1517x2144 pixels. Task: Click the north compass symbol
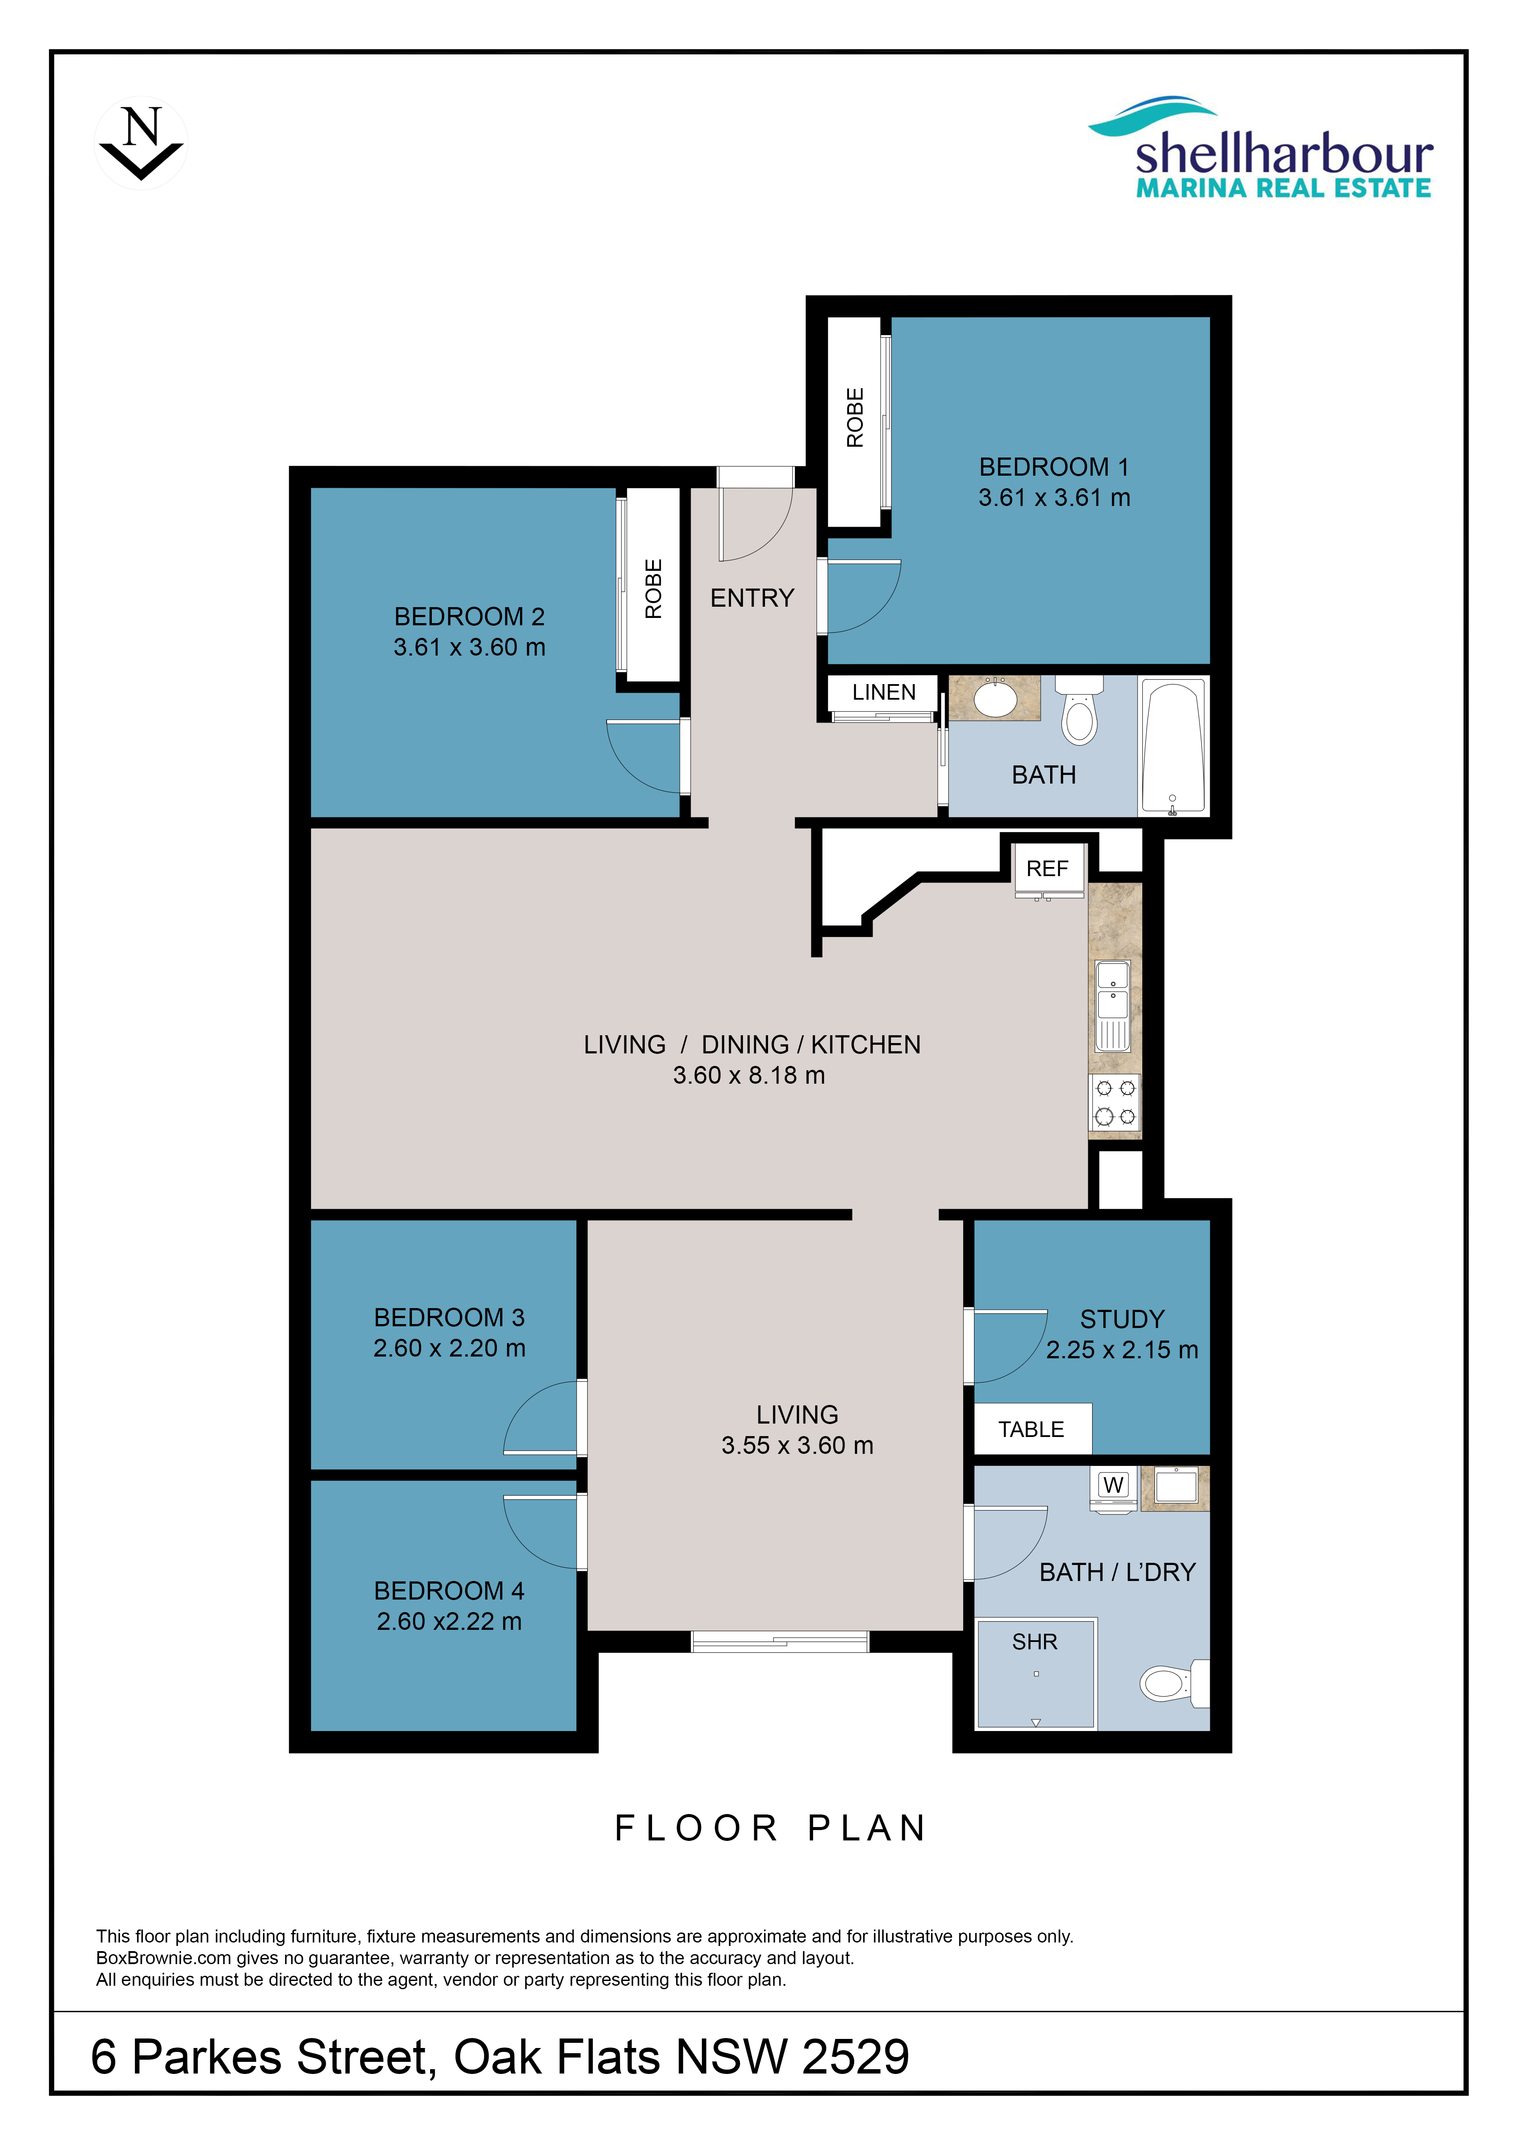[x=141, y=143]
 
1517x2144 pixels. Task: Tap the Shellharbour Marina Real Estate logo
[x=1261, y=147]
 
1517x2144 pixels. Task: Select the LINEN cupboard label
[x=884, y=692]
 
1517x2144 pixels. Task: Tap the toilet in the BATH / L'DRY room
[x=1175, y=1683]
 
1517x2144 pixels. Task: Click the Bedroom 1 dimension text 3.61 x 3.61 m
[x=1054, y=498]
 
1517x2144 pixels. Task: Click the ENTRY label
[x=752, y=598]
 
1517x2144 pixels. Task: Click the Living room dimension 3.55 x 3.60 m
[x=797, y=1446]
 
